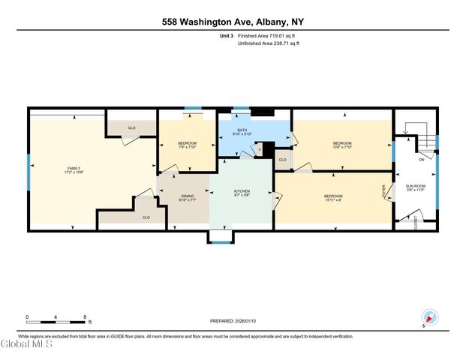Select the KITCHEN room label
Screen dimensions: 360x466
pyautogui.click(x=242, y=193)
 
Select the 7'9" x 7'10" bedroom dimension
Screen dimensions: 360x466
pyautogui.click(x=188, y=147)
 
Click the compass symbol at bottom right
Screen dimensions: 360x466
pyautogui.click(x=429, y=318)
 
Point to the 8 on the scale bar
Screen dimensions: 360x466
pyautogui.click(x=85, y=316)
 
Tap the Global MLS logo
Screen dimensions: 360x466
pyautogui.click(x=26, y=345)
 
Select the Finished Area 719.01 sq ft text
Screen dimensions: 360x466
pyautogui.click(x=268, y=34)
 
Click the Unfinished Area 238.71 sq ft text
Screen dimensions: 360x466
pyautogui.click(x=268, y=43)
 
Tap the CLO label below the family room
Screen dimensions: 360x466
pyautogui.click(x=146, y=217)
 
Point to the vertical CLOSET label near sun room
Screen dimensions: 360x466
pyautogui.click(x=416, y=221)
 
